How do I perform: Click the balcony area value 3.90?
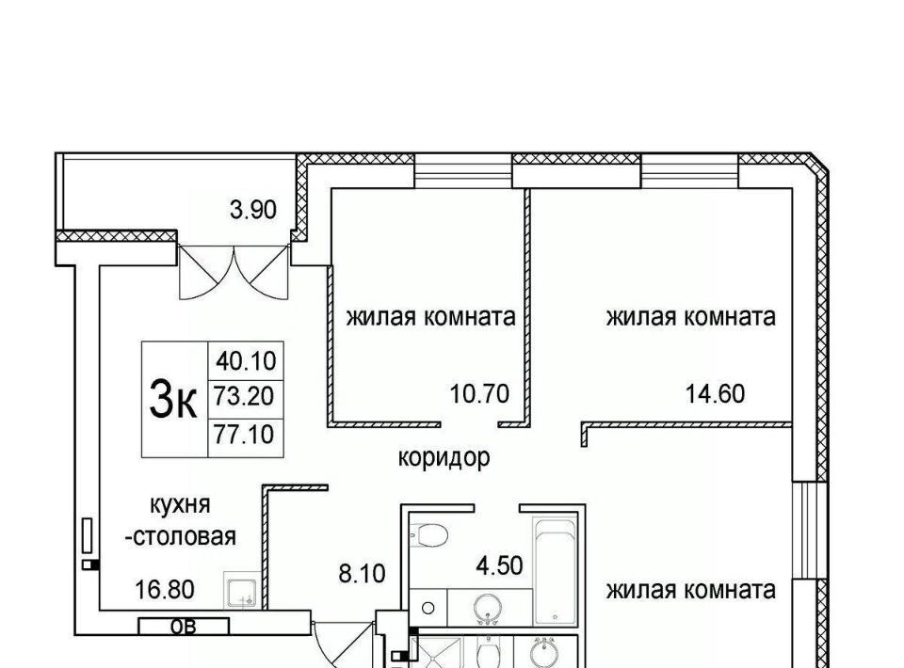coord(253,210)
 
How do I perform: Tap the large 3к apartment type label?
coord(173,400)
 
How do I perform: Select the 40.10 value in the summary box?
coord(246,361)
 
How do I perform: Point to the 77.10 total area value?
coord(244,434)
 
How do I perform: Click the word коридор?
coord(444,458)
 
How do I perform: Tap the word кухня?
coord(181,505)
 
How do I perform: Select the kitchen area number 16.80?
coord(165,589)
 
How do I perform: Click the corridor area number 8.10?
coord(362,574)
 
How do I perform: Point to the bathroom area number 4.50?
coord(499,565)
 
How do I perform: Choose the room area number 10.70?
coord(479,394)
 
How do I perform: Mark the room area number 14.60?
coord(715,394)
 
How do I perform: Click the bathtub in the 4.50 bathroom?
coord(556,571)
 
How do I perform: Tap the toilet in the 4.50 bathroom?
coord(429,535)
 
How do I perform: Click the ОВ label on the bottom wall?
coord(184,626)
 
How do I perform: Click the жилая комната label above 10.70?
coord(430,317)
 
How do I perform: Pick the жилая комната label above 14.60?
coord(690,317)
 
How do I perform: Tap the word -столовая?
coord(181,536)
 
